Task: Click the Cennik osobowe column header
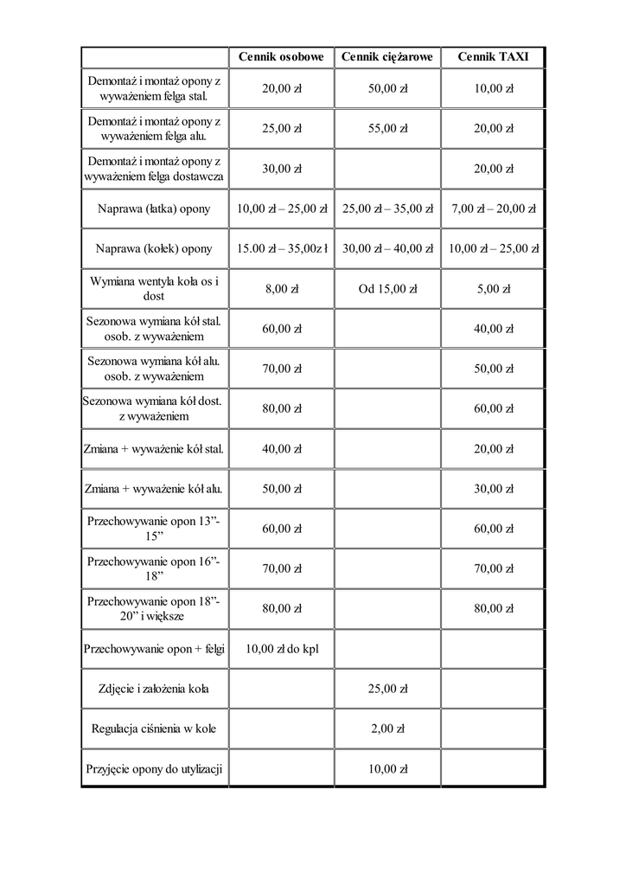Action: point(281,57)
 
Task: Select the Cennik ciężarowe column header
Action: point(387,57)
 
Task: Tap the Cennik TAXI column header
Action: point(494,57)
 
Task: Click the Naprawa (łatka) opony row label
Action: point(154,209)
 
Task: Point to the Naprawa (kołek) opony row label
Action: point(154,248)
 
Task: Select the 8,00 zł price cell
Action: point(281,289)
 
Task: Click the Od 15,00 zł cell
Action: point(387,289)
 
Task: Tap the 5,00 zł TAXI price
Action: point(494,289)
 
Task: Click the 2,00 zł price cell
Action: point(387,729)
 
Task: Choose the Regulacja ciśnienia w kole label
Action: point(154,729)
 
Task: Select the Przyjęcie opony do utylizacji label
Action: point(154,768)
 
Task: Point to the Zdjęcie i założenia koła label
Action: point(154,689)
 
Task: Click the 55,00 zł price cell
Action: point(387,128)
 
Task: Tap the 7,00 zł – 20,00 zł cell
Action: point(494,209)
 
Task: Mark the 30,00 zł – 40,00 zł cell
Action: point(387,248)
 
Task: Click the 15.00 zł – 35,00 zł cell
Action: point(282,248)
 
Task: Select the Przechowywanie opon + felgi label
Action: point(154,649)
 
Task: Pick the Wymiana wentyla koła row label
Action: point(154,289)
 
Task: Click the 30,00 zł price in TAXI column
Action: point(494,489)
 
